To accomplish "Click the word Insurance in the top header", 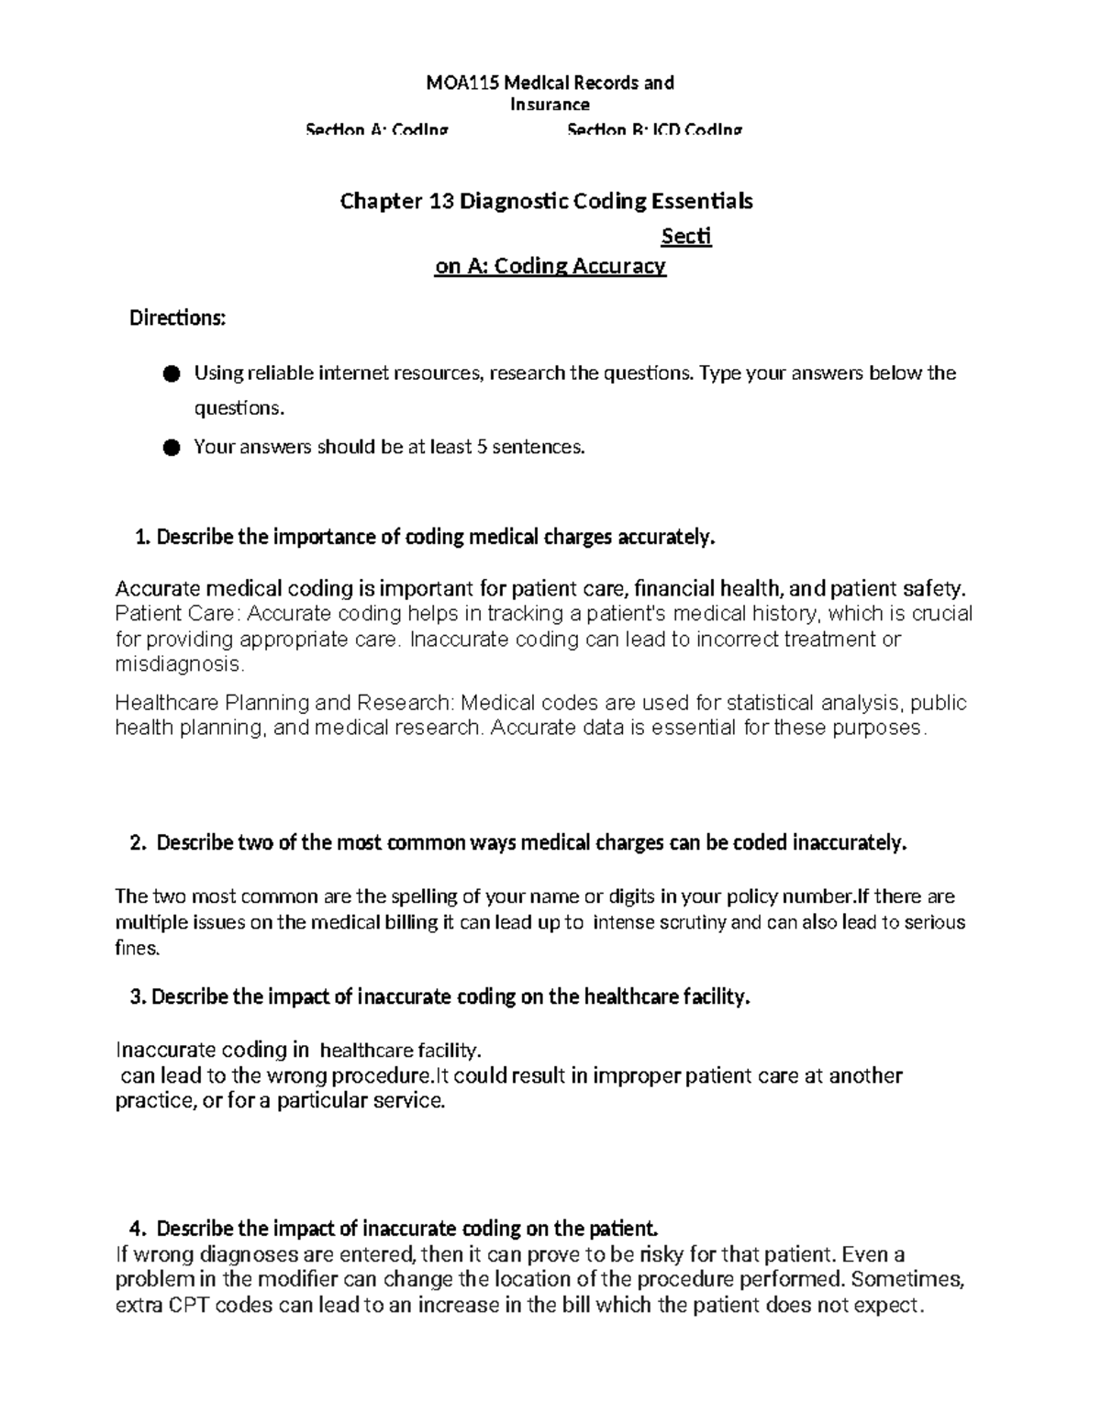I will pyautogui.click(x=550, y=105).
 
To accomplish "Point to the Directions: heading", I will pyautogui.click(x=177, y=318).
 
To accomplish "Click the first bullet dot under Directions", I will pyautogui.click(x=171, y=373).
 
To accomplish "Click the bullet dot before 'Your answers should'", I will pyautogui.click(x=171, y=448).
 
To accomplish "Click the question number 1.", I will pyautogui.click(x=141, y=538).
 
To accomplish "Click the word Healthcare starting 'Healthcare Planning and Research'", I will pyautogui.click(x=167, y=704).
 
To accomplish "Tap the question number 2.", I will pyautogui.click(x=139, y=843).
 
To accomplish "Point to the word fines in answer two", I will pyautogui.click(x=136, y=948).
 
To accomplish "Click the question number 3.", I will pyautogui.click(x=139, y=997).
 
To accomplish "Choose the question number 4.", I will pyautogui.click(x=139, y=1229).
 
